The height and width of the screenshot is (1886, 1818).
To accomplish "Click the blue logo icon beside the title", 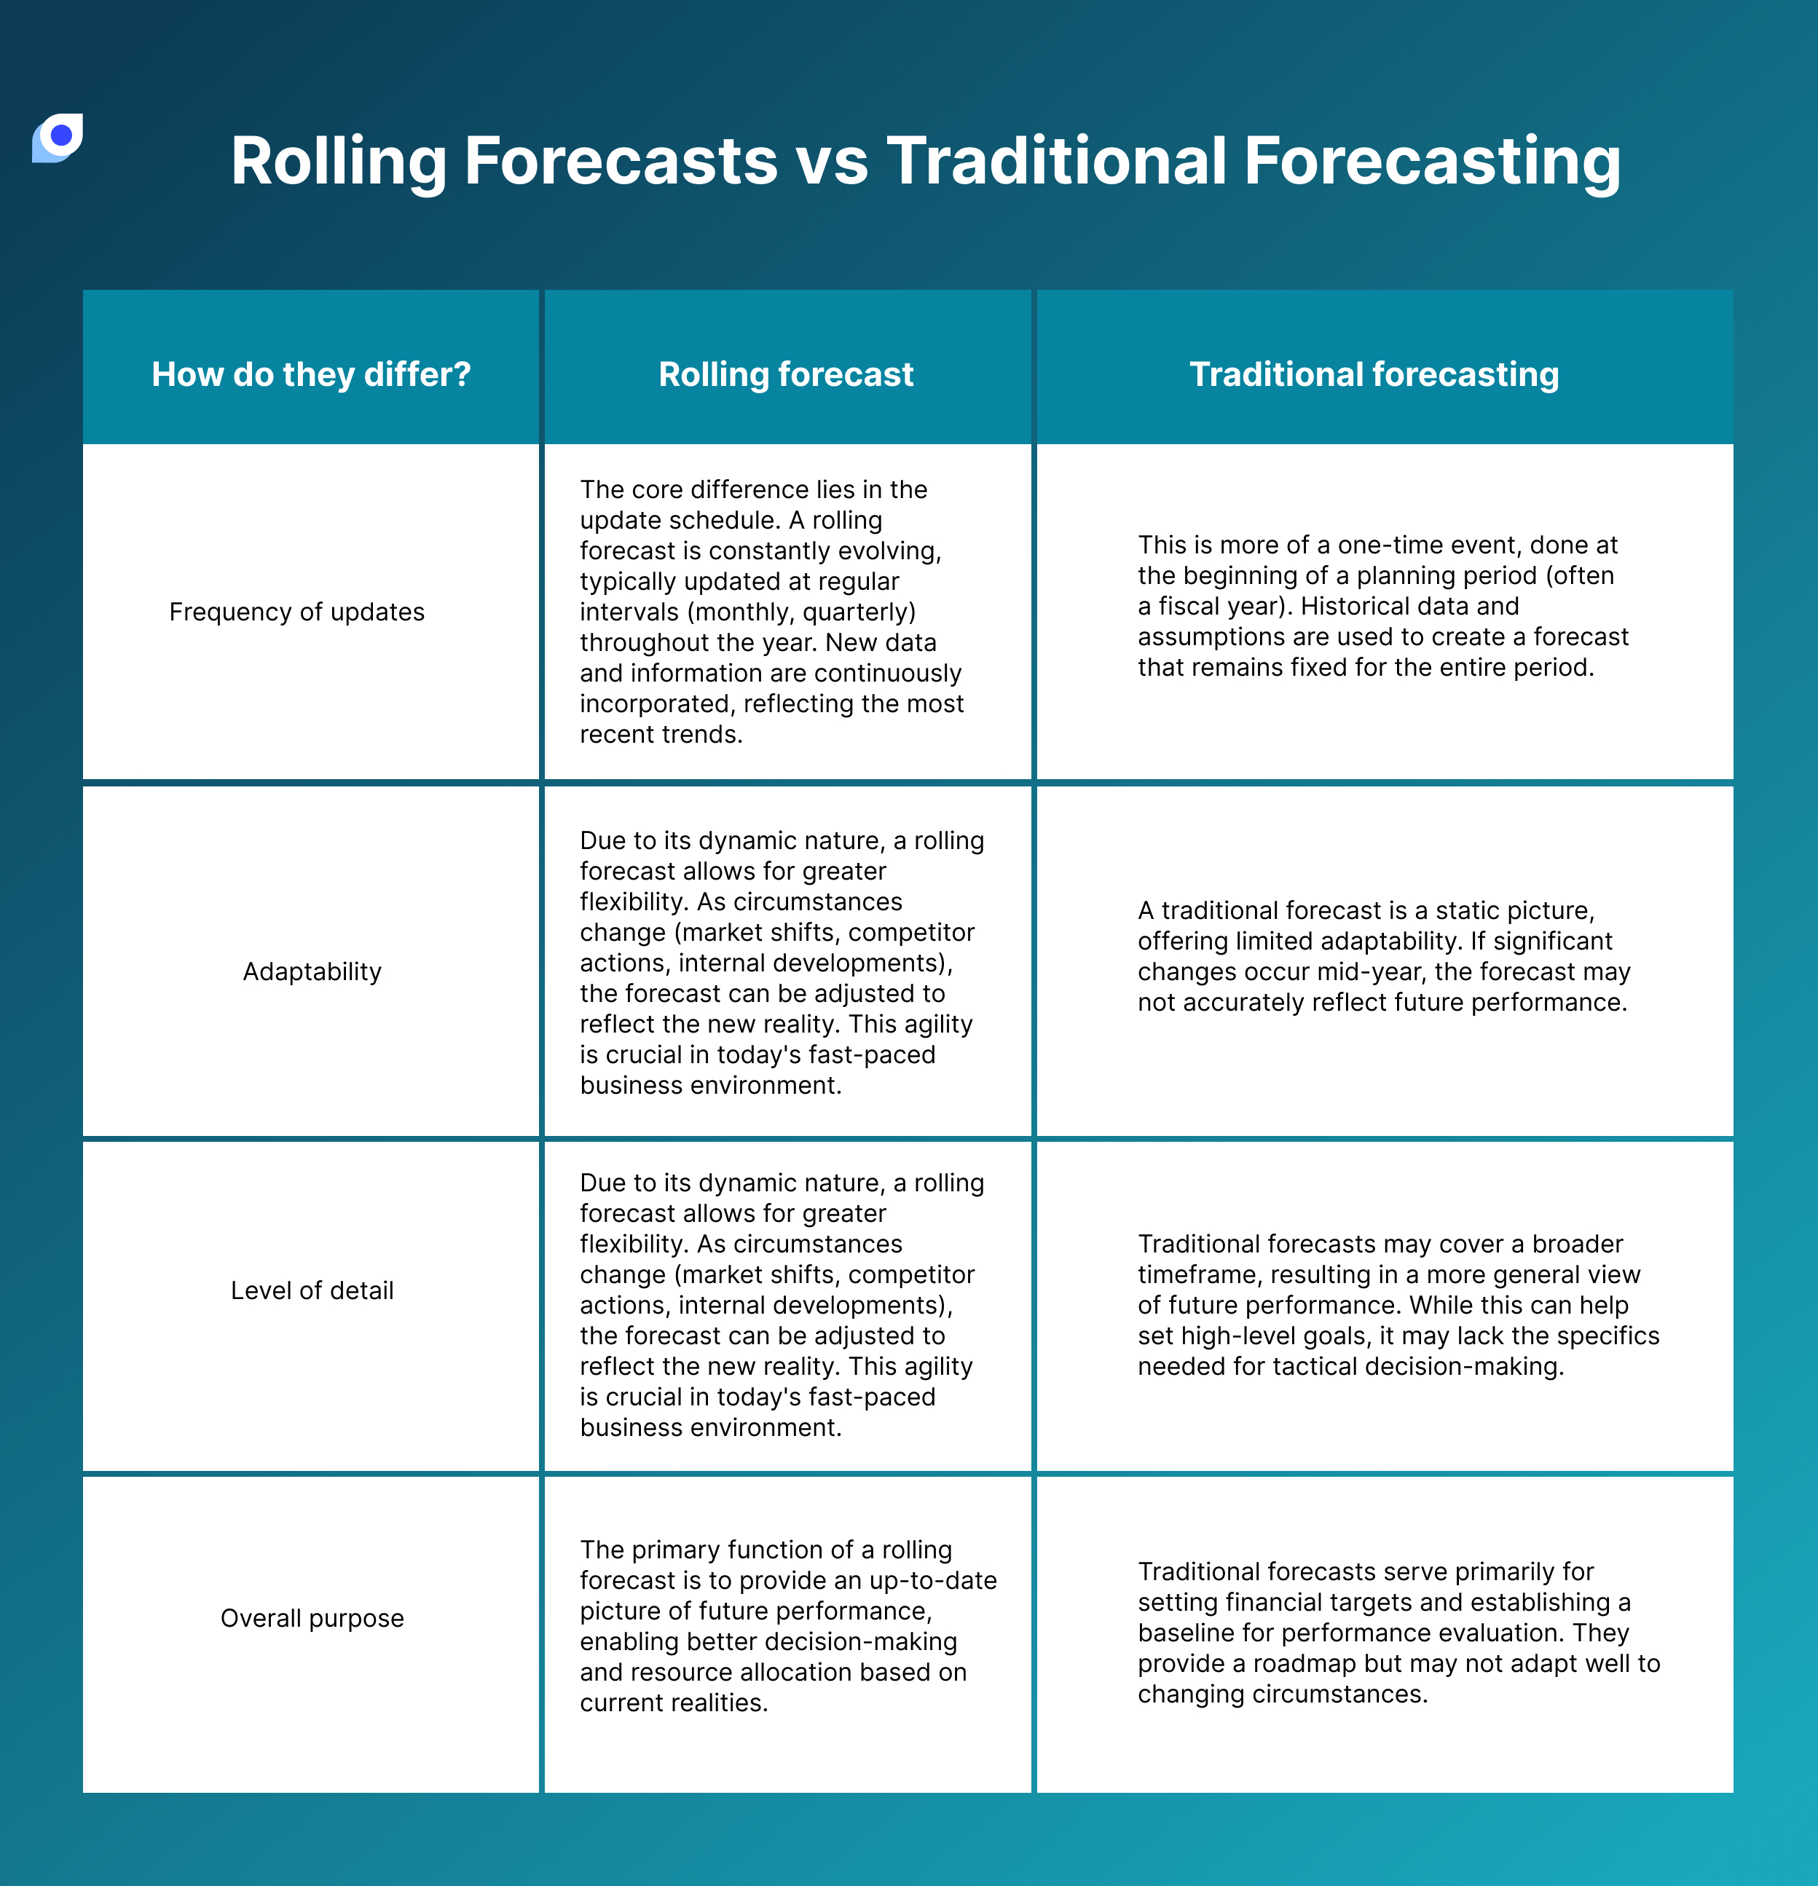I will click(x=58, y=138).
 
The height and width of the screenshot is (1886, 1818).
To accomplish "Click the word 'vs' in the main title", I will click(x=832, y=161).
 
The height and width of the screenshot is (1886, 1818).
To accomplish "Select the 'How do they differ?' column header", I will click(x=311, y=374).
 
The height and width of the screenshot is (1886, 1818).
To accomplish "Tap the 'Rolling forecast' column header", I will click(x=785, y=374).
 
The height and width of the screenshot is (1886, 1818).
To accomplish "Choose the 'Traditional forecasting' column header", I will click(x=1374, y=374).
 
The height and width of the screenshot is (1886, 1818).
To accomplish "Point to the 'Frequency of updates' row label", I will click(x=296, y=612).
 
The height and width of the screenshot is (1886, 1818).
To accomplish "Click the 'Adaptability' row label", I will click(x=312, y=972).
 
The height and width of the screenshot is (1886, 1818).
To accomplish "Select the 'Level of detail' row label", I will click(x=312, y=1290).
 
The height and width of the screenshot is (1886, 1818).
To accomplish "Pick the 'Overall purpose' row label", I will click(x=312, y=1619).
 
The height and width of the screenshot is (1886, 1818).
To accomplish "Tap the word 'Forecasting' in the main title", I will click(x=1431, y=161).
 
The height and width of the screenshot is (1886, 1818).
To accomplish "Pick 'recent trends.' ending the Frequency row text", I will click(x=661, y=734).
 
